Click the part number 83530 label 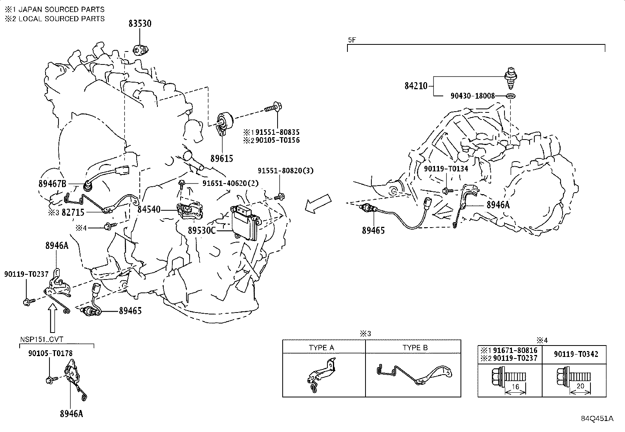(140, 24)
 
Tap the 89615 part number (221, 158)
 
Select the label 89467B (53, 183)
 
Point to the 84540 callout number (149, 210)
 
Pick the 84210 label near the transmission (416, 85)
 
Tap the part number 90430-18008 (472, 96)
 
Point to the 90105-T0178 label (50, 353)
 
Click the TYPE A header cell (322, 347)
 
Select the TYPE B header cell (415, 347)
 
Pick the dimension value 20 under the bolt (580, 386)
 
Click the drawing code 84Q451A (597, 418)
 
